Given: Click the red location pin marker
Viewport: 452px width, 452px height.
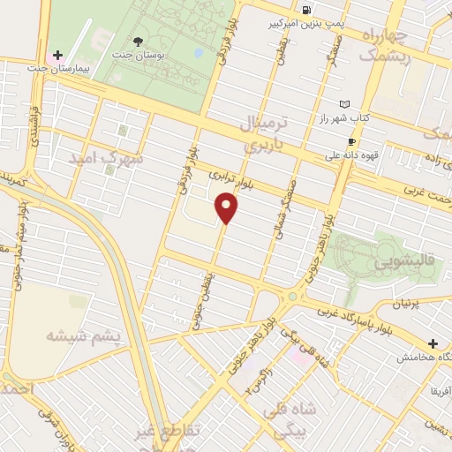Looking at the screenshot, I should pyautogui.click(x=228, y=209).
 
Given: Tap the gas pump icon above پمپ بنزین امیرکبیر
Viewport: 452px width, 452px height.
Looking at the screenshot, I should pyautogui.click(x=306, y=10).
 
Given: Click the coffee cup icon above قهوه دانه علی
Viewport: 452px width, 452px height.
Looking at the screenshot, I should pyautogui.click(x=351, y=141).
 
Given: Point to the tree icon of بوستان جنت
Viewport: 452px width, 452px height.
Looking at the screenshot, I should pyautogui.click(x=137, y=41).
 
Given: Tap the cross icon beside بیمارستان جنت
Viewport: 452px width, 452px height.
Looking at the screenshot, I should pyautogui.click(x=57, y=56).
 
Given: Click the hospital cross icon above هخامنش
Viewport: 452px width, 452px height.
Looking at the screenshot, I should pyautogui.click(x=433, y=343).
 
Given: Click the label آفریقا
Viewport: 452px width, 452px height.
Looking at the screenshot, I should pyautogui.click(x=439, y=389).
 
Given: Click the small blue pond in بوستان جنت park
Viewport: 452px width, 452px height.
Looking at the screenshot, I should pyautogui.click(x=198, y=53).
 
